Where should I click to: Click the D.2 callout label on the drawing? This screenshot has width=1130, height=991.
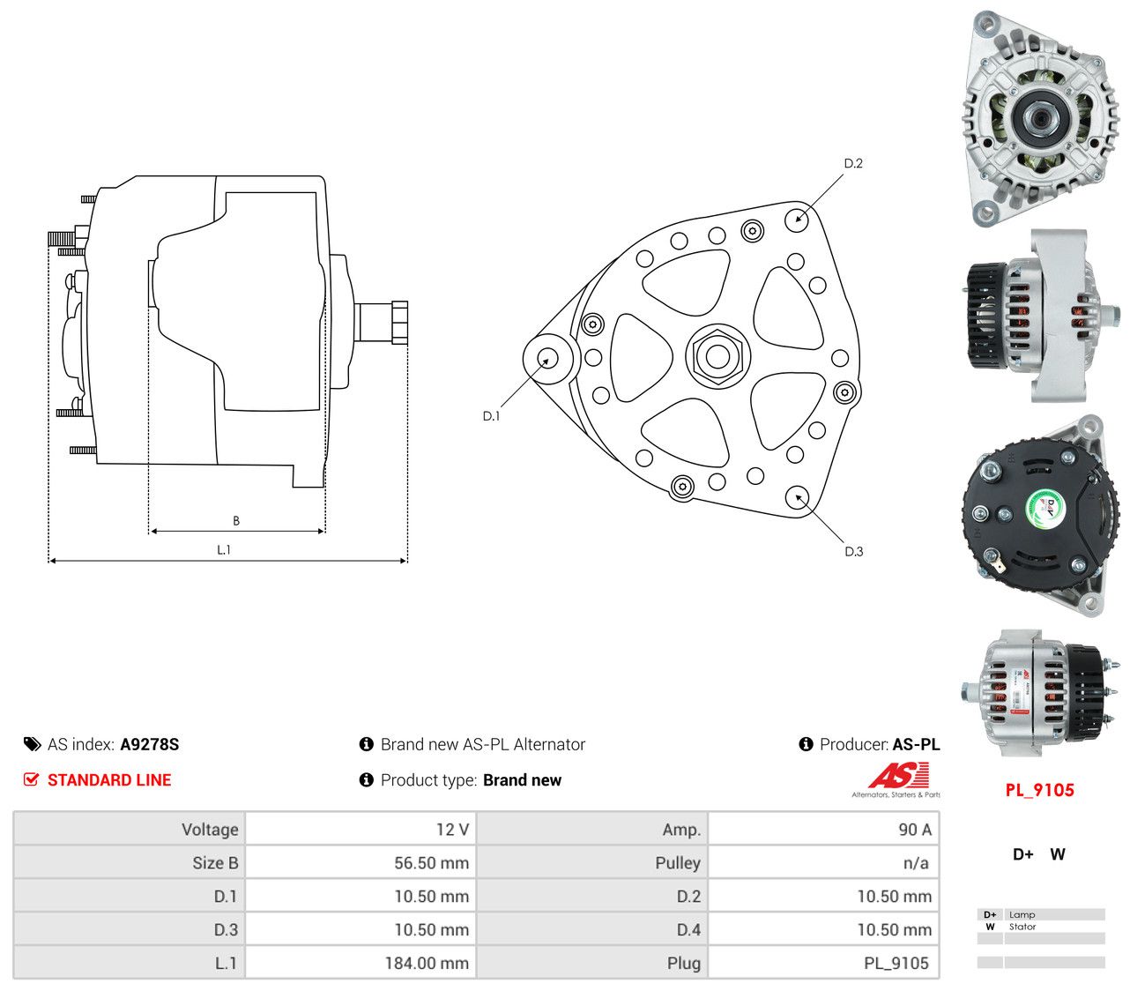pyautogui.click(x=852, y=163)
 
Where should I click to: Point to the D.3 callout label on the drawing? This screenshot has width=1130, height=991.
pyautogui.click(x=853, y=551)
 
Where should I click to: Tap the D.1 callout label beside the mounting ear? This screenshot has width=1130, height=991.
pyautogui.click(x=491, y=415)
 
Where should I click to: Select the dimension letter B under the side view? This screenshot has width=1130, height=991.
pyautogui.click(x=236, y=520)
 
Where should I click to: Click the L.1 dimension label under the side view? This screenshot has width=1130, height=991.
pyautogui.click(x=224, y=549)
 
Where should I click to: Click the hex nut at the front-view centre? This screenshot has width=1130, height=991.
pyautogui.click(x=717, y=356)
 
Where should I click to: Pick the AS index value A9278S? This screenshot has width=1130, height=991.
pyautogui.click(x=150, y=744)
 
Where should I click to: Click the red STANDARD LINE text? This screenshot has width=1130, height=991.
pyautogui.click(x=109, y=779)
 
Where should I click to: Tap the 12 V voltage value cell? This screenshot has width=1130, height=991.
pyautogui.click(x=452, y=829)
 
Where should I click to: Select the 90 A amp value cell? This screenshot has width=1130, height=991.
pyautogui.click(x=915, y=829)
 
